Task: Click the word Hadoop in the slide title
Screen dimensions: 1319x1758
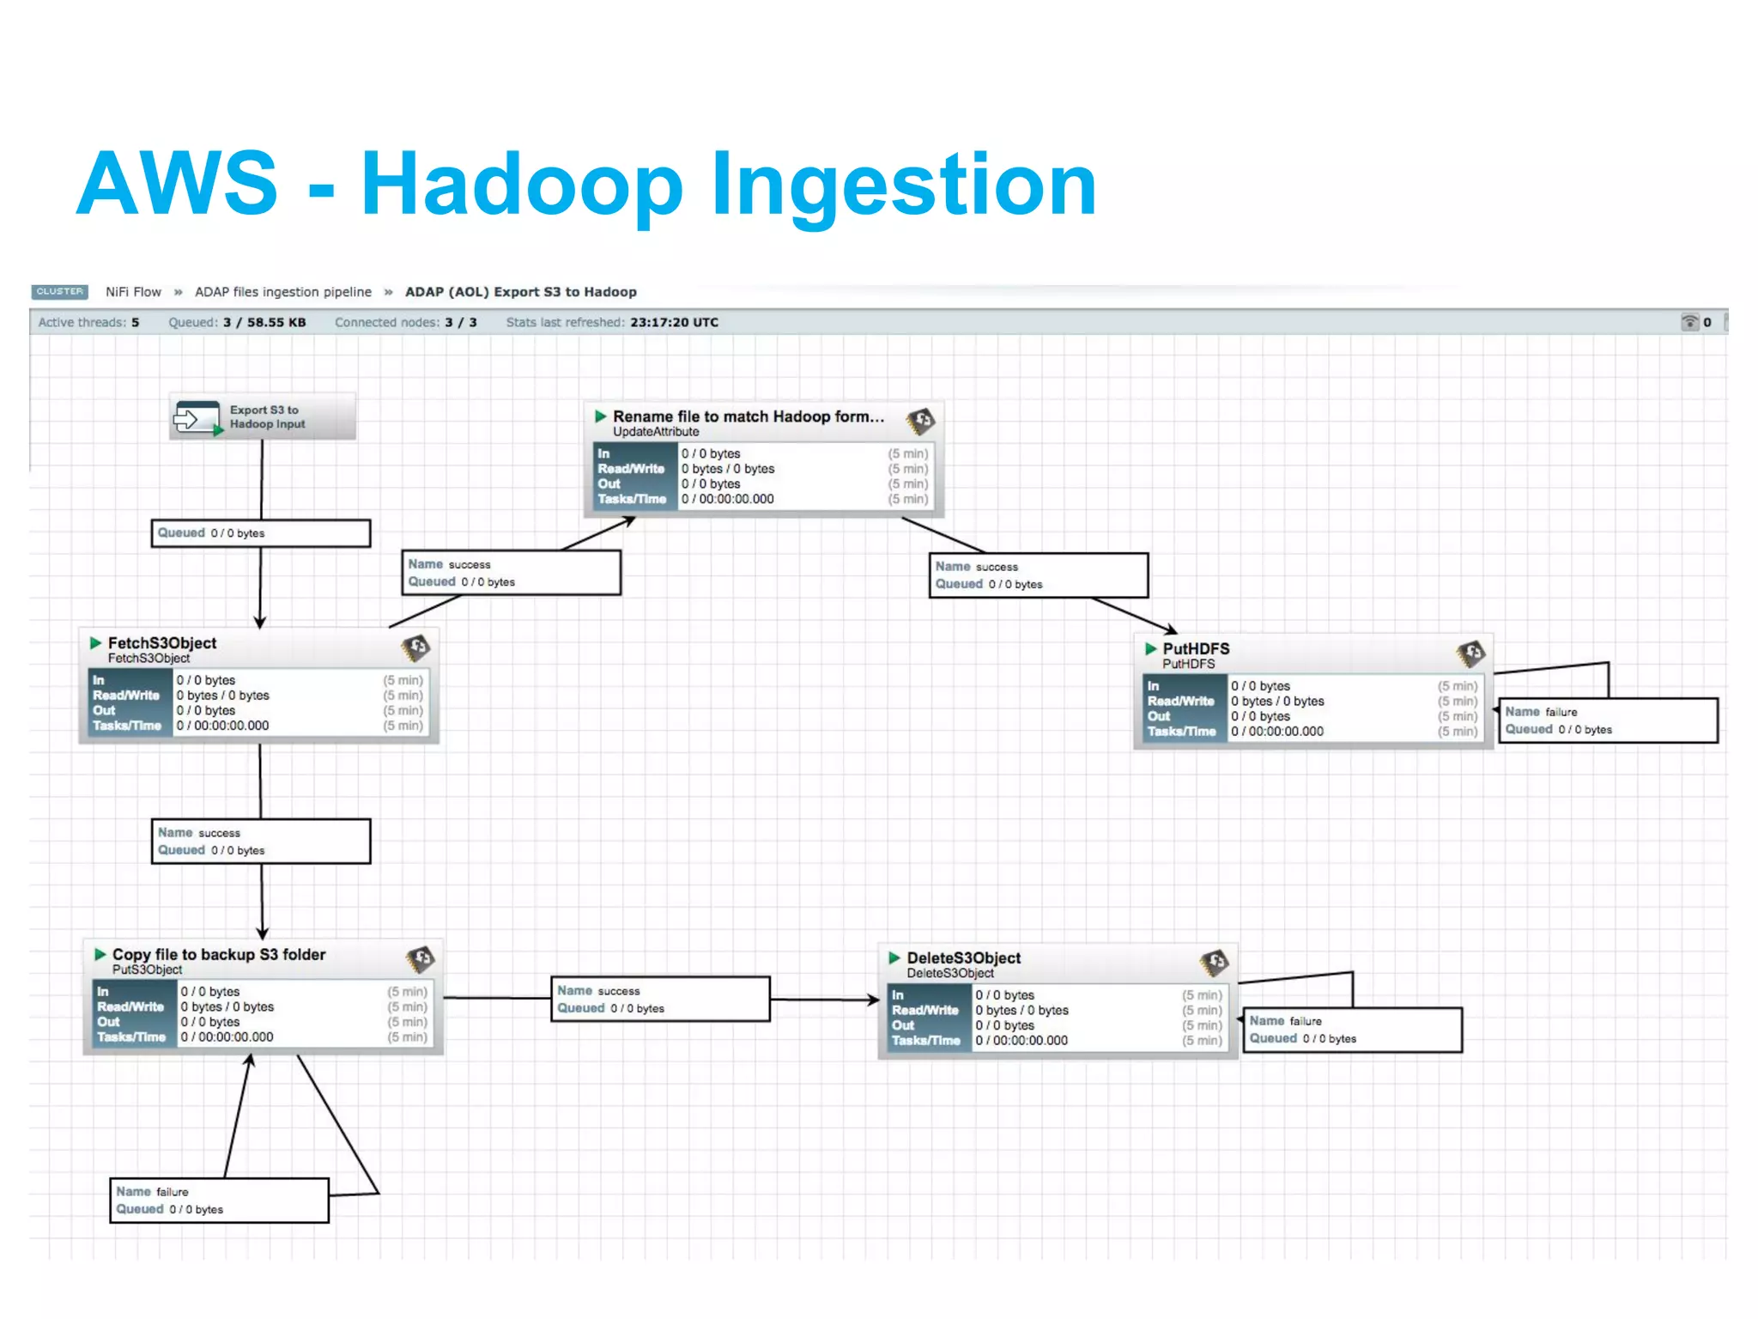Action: tap(522, 185)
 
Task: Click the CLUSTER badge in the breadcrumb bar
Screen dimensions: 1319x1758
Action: tap(59, 292)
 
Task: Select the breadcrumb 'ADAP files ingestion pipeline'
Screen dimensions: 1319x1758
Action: tap(283, 292)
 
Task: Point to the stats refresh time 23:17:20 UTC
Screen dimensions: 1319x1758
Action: tap(674, 323)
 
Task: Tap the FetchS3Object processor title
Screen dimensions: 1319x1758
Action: tap(161, 643)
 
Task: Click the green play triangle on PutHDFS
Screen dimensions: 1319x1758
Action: tap(1151, 649)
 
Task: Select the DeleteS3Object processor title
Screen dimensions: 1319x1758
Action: tap(963, 958)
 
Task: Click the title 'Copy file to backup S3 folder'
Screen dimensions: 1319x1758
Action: tap(219, 955)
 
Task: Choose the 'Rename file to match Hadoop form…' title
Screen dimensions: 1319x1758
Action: tap(748, 417)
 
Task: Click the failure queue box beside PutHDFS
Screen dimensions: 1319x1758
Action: tap(1608, 720)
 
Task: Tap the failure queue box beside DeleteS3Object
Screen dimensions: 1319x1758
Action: tap(1352, 1030)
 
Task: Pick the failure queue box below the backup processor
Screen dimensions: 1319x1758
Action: tap(220, 1200)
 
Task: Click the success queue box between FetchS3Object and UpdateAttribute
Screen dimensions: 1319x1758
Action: tap(512, 573)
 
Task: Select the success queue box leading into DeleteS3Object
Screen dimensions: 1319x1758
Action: tap(660, 1000)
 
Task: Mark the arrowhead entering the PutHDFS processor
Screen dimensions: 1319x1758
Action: tap(1171, 631)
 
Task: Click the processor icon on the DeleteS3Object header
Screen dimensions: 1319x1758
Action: tap(1214, 963)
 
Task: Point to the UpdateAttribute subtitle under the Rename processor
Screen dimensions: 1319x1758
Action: tap(656, 432)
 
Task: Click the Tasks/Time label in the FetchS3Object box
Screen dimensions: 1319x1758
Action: tap(127, 726)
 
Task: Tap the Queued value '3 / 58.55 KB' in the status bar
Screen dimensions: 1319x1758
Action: tap(264, 323)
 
